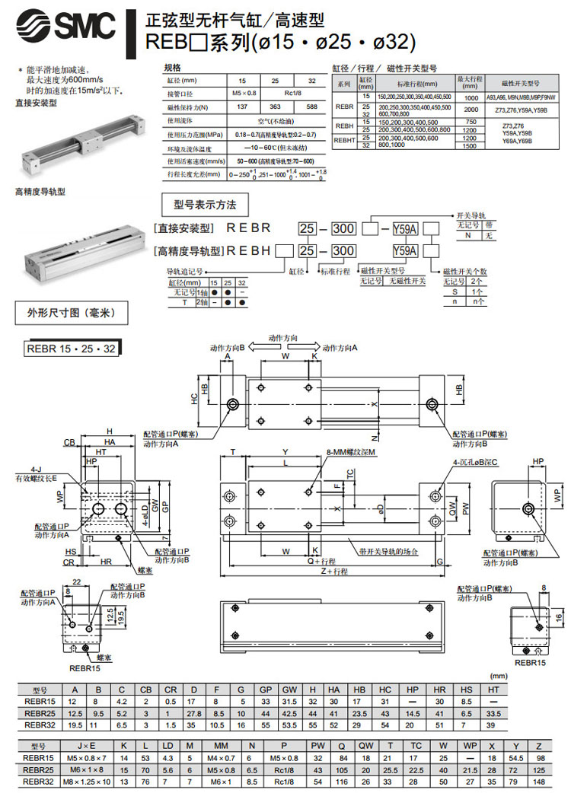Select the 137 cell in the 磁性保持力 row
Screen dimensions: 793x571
tap(242, 107)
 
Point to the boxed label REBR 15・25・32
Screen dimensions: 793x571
tap(72, 349)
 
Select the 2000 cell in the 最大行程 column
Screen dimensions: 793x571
tap(471, 110)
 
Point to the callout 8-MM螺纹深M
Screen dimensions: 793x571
tap(351, 451)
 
